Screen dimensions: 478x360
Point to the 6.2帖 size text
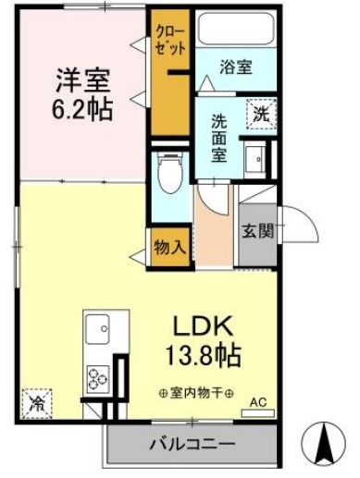81,110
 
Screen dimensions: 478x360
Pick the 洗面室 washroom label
219,136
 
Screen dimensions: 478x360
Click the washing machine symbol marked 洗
259,117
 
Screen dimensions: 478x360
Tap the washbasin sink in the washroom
253,155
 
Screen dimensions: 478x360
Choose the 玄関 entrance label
257,232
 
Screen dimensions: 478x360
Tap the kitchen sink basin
97,328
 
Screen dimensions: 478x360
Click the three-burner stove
98,377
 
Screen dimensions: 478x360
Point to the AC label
260,403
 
